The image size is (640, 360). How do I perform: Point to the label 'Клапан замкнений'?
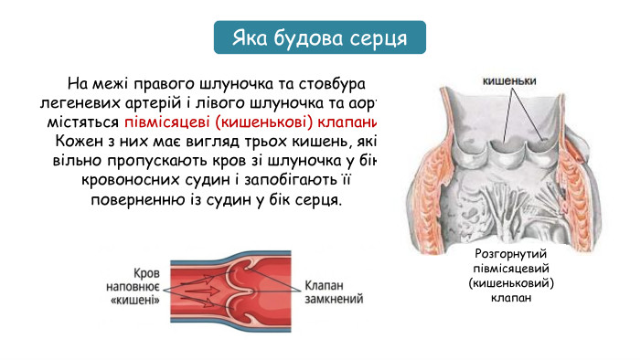[x=333, y=291]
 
